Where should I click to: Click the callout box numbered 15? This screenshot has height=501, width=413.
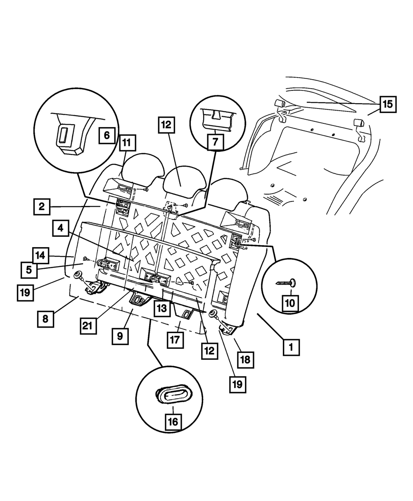coord(388,104)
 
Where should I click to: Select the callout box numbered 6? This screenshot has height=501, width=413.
coord(107,135)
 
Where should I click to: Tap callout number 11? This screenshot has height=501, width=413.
coord(128,143)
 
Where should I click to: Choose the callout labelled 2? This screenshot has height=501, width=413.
coord(42,206)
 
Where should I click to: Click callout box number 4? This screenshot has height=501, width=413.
coord(61,228)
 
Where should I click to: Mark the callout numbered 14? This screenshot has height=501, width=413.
coord(40,255)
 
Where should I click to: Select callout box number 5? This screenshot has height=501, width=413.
coord(29,270)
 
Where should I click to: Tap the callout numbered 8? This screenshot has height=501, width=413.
coord(45,319)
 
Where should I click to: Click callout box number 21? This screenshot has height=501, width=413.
coord(88,326)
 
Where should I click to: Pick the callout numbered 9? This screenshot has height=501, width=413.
coord(120,336)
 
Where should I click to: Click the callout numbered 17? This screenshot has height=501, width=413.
coord(175,340)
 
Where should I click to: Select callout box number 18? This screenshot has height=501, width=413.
coord(245,360)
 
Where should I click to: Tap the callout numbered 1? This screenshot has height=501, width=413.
coord(291,347)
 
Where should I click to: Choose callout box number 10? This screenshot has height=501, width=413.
coord(290,303)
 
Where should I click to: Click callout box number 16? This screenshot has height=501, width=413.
coord(173,422)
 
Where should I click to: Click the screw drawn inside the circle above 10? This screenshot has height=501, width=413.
coord(286,283)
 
